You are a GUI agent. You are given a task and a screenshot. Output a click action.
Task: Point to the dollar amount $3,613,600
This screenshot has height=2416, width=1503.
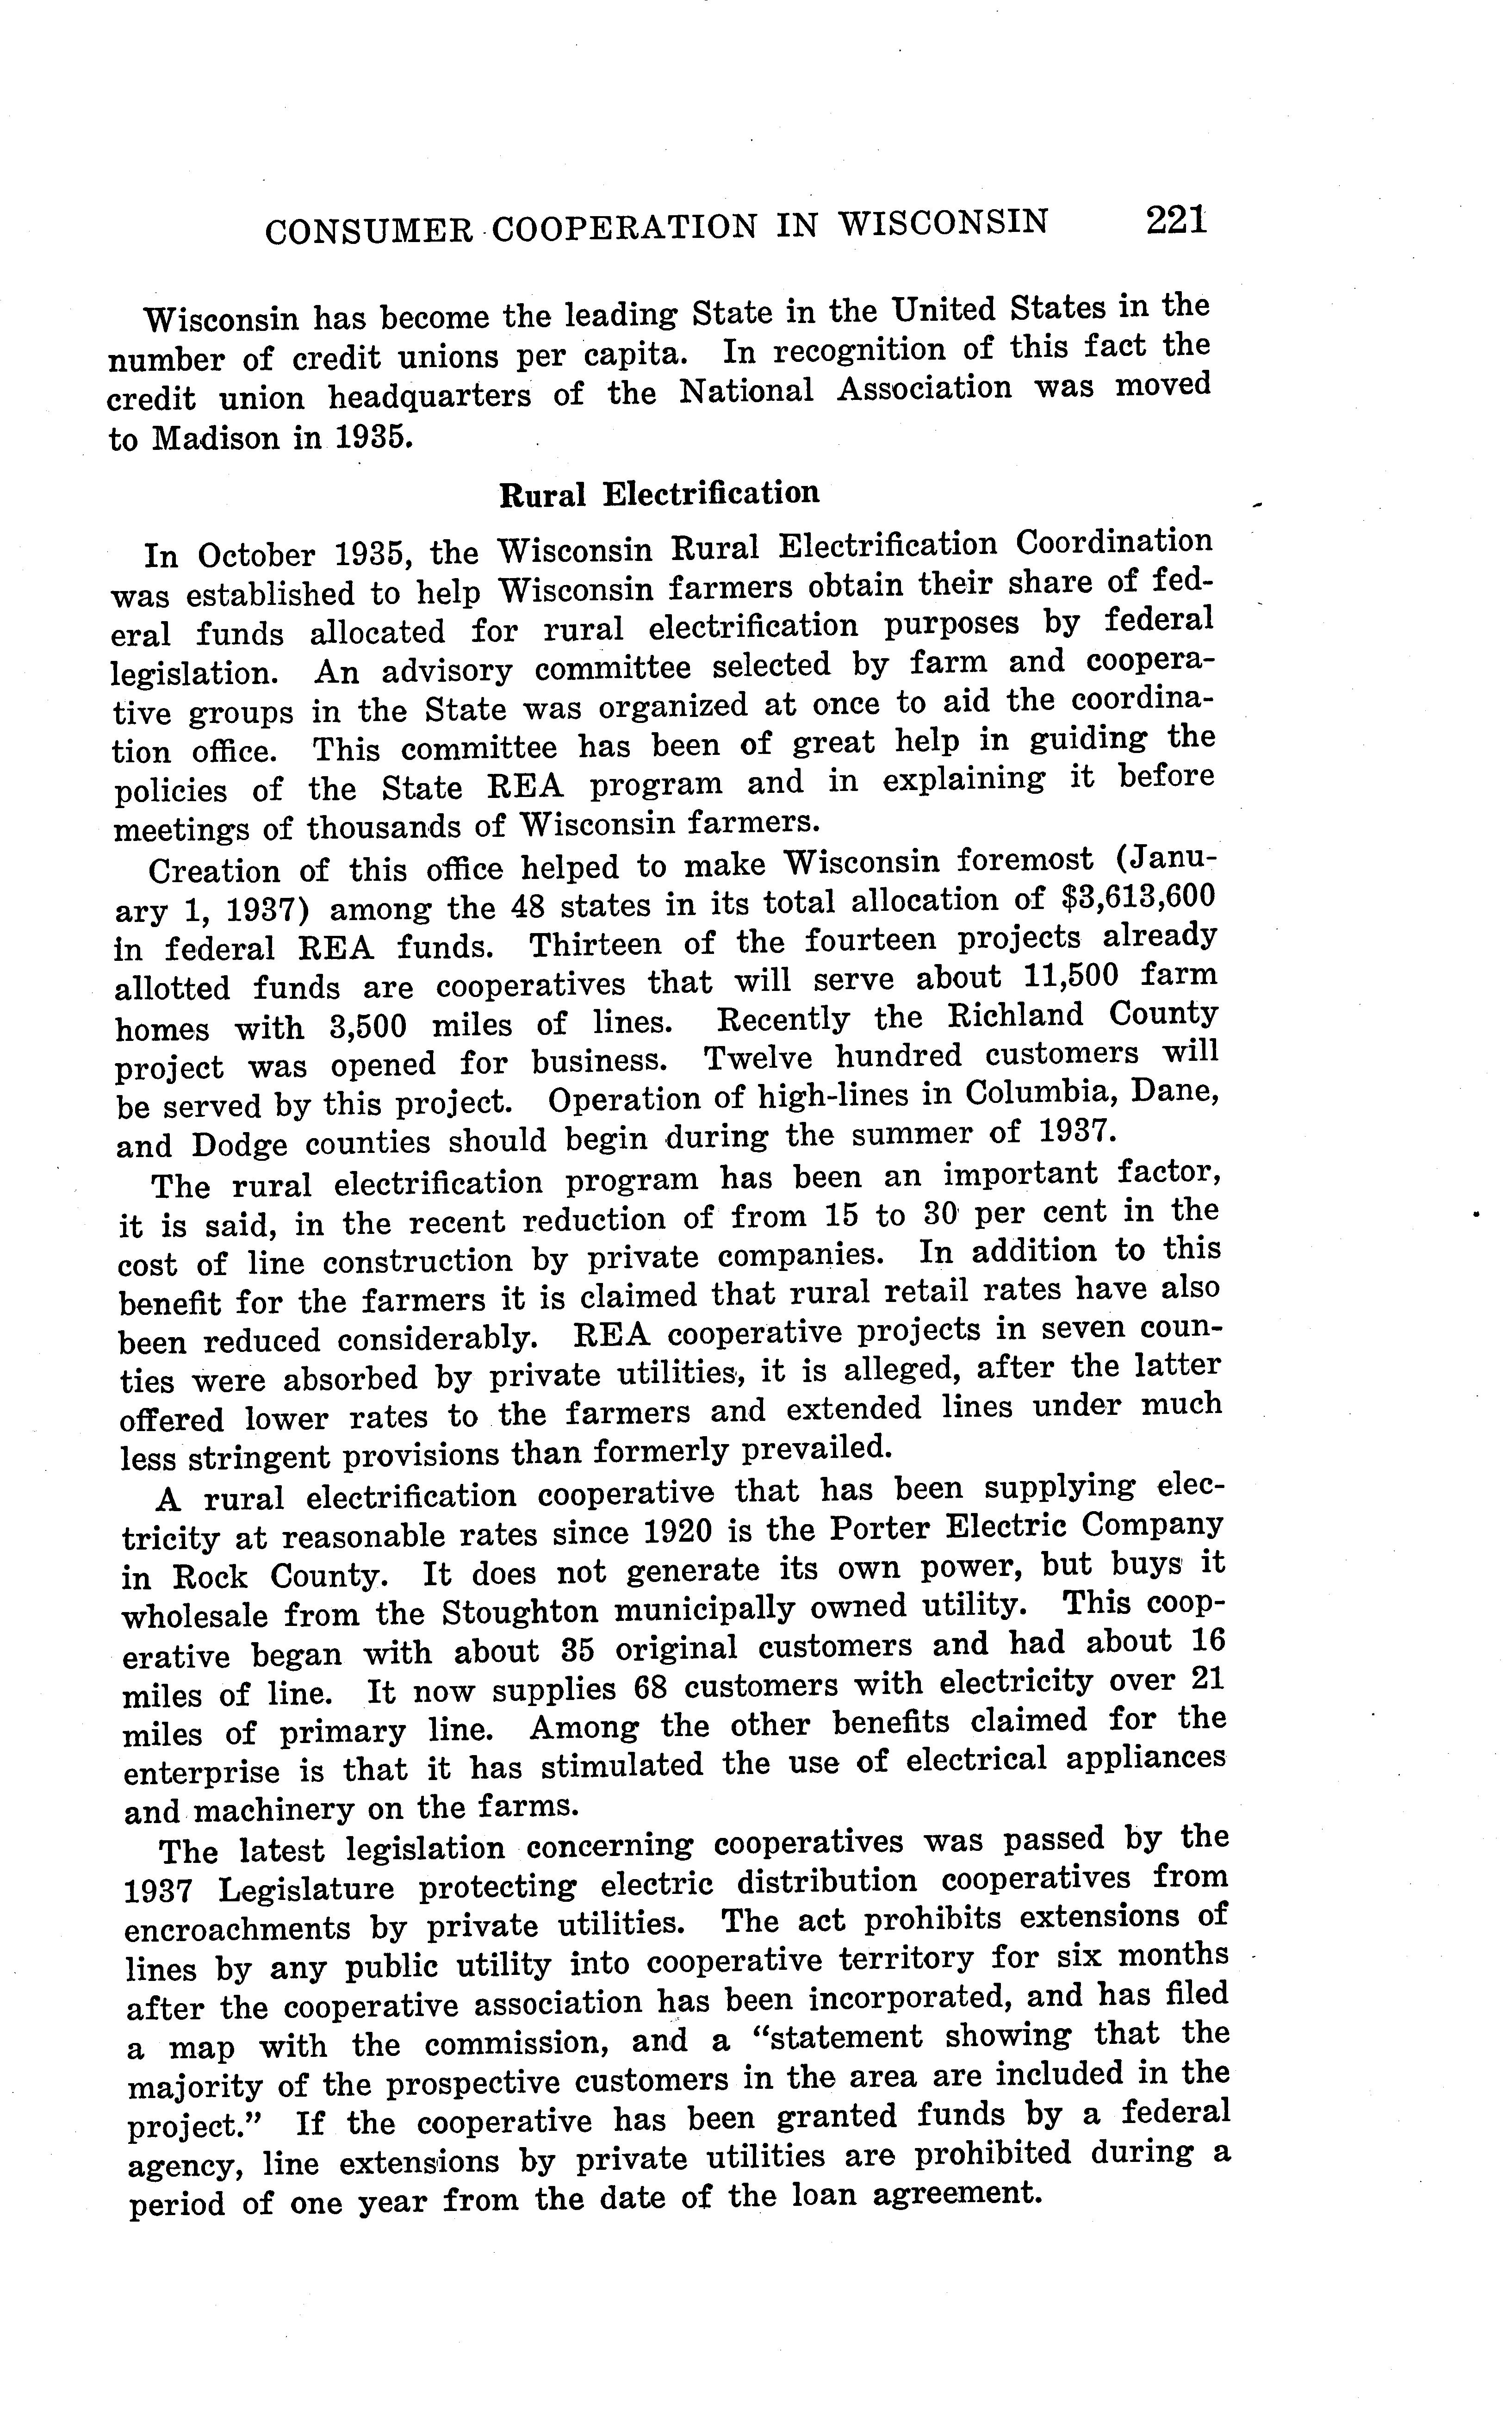(x=1133, y=897)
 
